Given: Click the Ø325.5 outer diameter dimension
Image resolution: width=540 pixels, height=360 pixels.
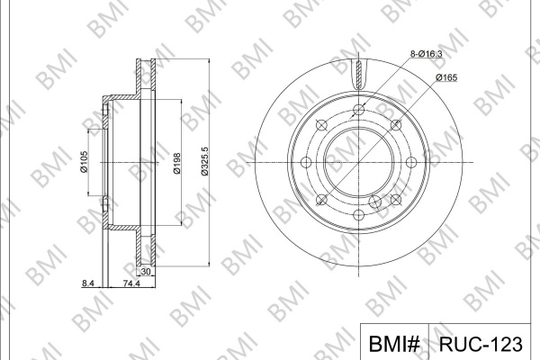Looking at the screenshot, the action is (204, 161).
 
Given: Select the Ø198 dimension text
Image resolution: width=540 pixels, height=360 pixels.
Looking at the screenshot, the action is (176, 163).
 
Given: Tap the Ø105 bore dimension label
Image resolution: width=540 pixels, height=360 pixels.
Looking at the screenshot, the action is (84, 161).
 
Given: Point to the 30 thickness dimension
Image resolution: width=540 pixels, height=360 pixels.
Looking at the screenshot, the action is (146, 272).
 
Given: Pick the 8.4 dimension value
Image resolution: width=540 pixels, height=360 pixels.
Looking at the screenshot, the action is (88, 283).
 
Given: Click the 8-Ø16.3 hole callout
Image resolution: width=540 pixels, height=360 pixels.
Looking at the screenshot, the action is (426, 54).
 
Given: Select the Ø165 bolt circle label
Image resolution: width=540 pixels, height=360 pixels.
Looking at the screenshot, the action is (446, 77).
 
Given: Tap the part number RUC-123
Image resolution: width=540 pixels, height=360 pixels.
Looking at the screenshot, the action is (481, 344).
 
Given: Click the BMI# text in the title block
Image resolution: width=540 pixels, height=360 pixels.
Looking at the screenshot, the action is (394, 344).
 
